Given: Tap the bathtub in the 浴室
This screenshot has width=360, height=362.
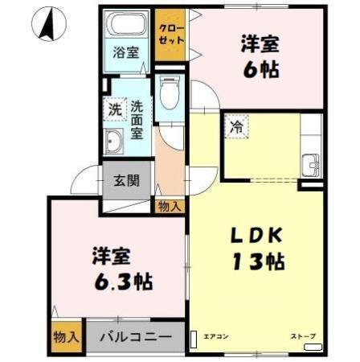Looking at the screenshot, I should click(126, 24).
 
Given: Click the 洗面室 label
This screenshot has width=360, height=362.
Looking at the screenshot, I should click(137, 117).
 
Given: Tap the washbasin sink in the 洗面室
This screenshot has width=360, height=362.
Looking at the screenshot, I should click(112, 142).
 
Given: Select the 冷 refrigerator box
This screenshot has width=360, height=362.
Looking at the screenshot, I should click(236, 125).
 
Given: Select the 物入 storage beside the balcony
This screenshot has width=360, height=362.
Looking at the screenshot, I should click(66, 337).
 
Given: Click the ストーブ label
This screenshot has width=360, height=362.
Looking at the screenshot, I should click(304, 335).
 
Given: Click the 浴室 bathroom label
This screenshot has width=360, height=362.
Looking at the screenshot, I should click(125, 54).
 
